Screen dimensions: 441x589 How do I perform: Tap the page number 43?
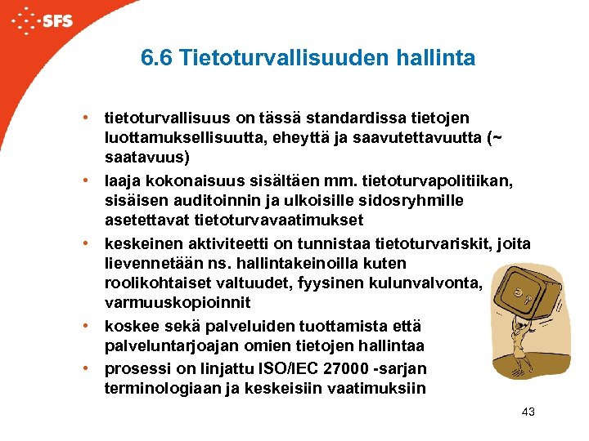[x=528, y=412]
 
